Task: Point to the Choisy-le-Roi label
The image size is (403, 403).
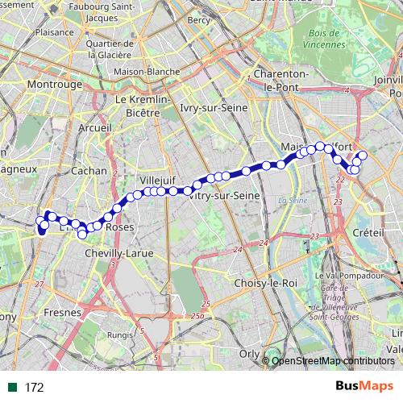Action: (x=264, y=283)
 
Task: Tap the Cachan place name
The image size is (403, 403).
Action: (x=89, y=171)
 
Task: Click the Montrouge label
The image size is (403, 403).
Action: (x=55, y=84)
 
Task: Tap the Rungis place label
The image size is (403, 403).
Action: (x=120, y=334)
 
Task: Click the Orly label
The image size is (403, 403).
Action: (x=249, y=352)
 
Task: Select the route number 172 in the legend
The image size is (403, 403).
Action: (x=34, y=388)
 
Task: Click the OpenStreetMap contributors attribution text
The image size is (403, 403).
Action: (x=334, y=360)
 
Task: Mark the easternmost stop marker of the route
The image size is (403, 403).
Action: (x=363, y=155)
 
